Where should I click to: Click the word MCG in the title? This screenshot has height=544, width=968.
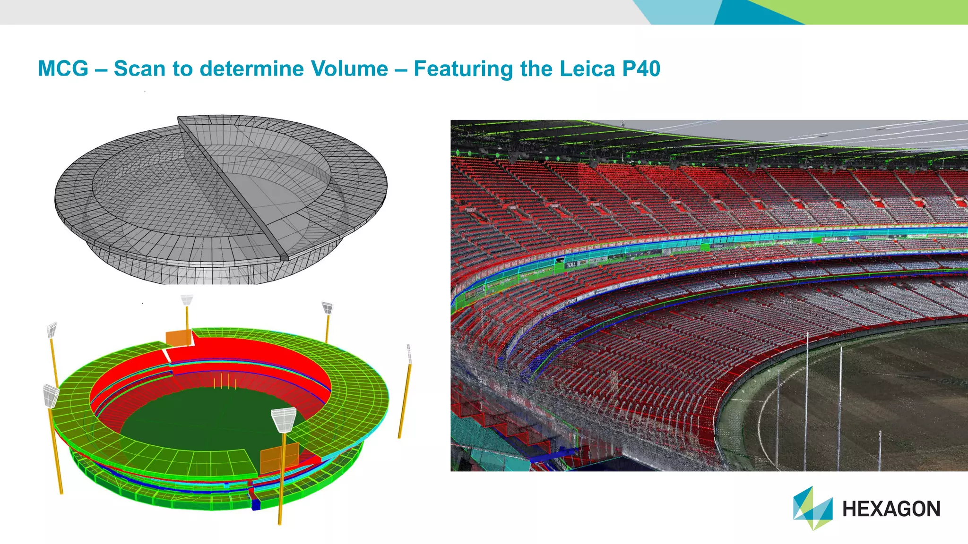63,68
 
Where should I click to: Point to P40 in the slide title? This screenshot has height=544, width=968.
641,68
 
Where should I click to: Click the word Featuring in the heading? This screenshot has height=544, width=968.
463,69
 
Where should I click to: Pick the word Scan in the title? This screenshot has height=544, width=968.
139,68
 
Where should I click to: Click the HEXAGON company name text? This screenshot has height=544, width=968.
891,509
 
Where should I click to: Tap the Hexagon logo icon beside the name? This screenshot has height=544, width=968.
812,508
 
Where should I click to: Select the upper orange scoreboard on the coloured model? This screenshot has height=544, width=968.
179,338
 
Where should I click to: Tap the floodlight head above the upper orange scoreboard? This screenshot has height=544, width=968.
187,300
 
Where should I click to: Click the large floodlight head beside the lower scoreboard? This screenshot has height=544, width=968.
284,419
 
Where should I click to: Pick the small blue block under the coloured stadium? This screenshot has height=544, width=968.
256,504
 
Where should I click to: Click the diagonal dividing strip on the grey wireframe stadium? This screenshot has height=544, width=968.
232,187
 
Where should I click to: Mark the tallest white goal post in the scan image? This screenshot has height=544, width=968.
806,401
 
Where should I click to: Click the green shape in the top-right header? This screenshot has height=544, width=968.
874,12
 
